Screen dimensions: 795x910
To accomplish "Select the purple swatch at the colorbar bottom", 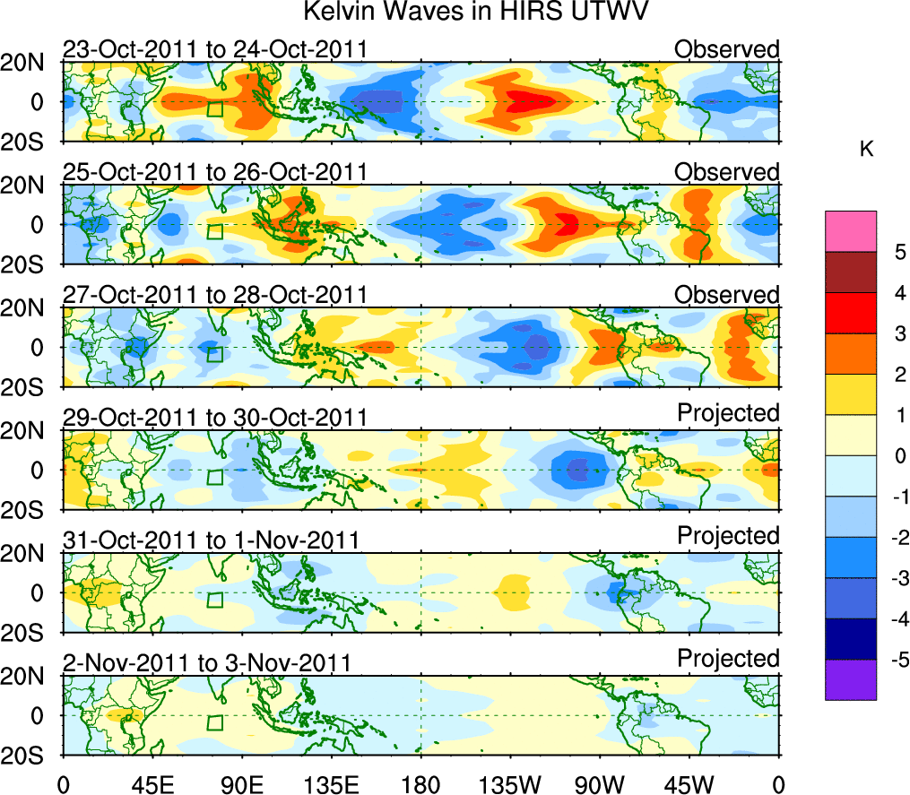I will (x=850, y=679).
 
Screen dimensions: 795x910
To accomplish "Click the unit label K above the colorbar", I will (x=866, y=150).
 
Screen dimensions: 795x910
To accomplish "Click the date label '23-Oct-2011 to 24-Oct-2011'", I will (x=214, y=49).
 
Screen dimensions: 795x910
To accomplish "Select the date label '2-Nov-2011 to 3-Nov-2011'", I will (x=206, y=663).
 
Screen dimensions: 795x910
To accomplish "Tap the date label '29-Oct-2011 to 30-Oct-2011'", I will (x=214, y=418).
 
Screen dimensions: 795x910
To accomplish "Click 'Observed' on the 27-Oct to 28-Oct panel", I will (x=727, y=295).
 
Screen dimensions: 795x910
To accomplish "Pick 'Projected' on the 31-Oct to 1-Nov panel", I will (x=728, y=535).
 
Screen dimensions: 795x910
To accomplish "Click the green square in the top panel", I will (x=214, y=108).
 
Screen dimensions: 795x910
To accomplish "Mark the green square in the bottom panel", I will (x=214, y=722).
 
